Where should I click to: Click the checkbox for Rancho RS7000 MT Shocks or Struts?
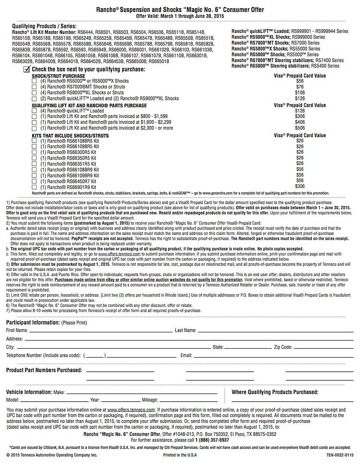point(34,87)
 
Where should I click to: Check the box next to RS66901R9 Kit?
point(34,187)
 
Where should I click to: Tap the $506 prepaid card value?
point(300,128)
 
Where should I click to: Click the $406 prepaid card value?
point(300,122)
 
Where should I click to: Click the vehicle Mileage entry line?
point(189,400)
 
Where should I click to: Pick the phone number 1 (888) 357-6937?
point(212,440)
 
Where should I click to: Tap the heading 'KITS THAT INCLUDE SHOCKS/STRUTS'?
point(70,136)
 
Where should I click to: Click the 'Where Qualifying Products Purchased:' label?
point(275,392)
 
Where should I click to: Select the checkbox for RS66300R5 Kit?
point(34,152)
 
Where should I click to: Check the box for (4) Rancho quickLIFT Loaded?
point(34,111)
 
